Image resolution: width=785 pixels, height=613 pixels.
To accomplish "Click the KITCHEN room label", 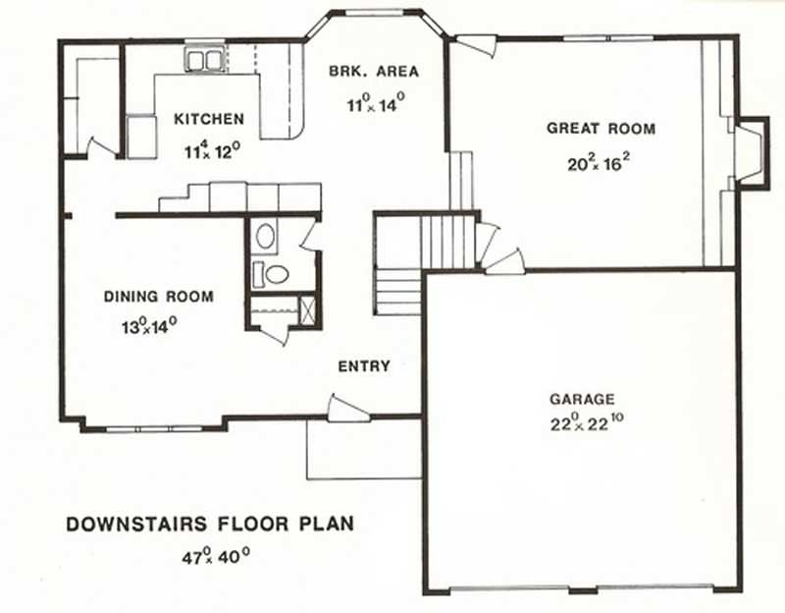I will coord(209,120).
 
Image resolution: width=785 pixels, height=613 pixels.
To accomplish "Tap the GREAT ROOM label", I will coord(601,129).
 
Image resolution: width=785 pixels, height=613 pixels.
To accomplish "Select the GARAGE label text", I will coord(582,400).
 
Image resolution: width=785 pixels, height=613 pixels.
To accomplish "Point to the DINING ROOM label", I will coord(159,296).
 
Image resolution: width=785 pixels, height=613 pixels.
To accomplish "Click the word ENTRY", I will coord(364,366).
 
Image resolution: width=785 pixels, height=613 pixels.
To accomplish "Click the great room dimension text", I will coord(598,163).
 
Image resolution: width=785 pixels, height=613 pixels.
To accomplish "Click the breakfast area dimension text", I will coord(376,103).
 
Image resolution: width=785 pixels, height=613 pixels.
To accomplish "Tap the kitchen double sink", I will coord(205,60).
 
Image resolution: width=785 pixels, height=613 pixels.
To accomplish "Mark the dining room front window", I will coord(152,428).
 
